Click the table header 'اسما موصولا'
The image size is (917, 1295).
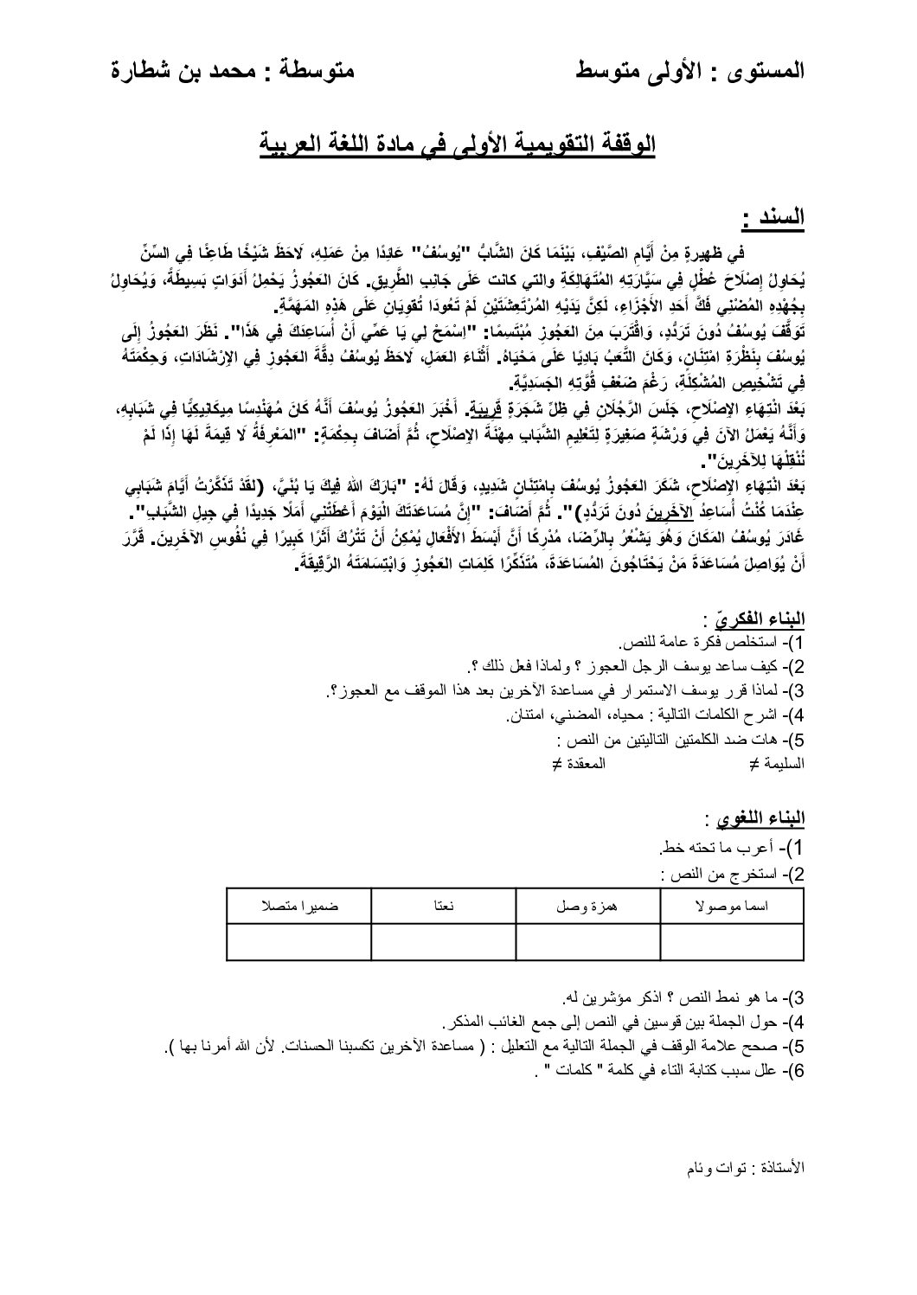tap(733, 905)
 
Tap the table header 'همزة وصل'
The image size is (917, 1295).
tap(587, 905)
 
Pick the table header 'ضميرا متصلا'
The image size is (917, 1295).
tap(299, 905)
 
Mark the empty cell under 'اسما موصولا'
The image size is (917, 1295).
tap(733, 941)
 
